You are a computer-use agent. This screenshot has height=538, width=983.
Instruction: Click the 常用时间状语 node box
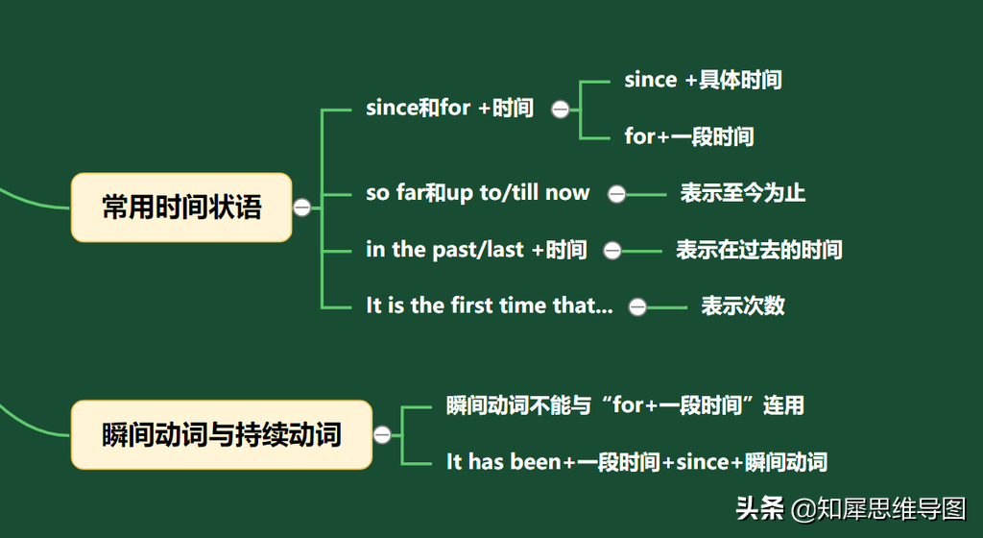[181, 207]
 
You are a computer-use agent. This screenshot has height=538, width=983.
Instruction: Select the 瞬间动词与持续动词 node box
[222, 434]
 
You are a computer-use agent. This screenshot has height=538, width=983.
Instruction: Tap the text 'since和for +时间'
[449, 108]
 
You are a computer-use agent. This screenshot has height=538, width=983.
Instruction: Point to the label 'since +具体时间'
[703, 80]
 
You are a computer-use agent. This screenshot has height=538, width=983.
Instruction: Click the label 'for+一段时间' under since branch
[689, 136]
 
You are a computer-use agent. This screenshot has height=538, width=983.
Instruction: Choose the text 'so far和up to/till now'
[478, 192]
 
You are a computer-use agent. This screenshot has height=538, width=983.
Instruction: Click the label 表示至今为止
[743, 192]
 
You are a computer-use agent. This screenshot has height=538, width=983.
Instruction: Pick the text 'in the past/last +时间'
[476, 250]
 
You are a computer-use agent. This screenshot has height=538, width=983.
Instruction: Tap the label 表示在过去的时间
[759, 250]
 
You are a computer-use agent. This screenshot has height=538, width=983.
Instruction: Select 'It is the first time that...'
[490, 306]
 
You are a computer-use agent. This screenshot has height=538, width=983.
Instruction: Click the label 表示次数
[743, 306]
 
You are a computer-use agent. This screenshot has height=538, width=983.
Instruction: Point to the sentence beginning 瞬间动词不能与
[625, 405]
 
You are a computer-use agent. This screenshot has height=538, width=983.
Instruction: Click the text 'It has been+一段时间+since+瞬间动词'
[637, 462]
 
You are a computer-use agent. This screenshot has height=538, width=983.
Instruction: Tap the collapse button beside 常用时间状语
[302, 208]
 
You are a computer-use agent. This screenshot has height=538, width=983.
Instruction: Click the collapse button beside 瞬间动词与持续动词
[382, 434]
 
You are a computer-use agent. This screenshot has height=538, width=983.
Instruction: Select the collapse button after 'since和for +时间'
[561, 110]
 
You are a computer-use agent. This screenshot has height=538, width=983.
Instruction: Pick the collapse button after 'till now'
[617, 194]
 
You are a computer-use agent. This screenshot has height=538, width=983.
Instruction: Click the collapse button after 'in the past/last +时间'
[612, 251]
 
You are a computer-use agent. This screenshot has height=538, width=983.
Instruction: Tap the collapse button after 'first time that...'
[637, 307]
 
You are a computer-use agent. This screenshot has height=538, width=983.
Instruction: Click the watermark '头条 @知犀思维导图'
[851, 508]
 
